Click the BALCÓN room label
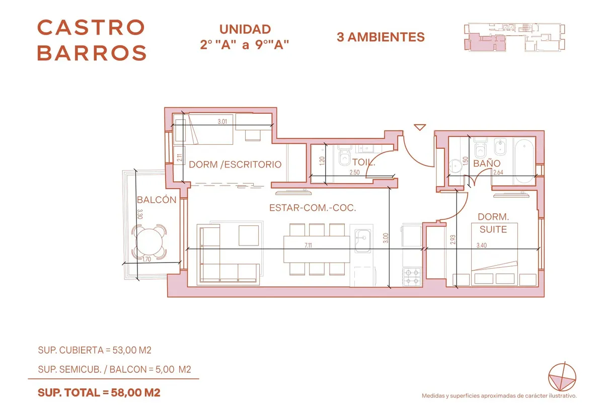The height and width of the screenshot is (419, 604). coord(157,200)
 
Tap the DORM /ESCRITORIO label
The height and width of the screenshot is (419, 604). coord(235,164)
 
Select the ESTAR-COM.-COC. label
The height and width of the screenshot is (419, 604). coord(313,208)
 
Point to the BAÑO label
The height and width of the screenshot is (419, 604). coord(487,163)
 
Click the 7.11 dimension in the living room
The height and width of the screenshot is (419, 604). coord(308,245)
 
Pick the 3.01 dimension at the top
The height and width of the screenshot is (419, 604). coord(222,122)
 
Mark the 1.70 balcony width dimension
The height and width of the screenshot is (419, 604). coord(146,259)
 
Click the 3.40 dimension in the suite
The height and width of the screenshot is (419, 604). coord(482,245)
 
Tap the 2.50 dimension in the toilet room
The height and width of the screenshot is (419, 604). coord(354,173)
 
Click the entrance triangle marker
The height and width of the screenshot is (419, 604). coord(420,127)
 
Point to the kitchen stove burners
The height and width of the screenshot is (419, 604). coord(412,277)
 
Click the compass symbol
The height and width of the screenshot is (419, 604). coord(562,377)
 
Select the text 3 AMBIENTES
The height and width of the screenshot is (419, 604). coord(381,37)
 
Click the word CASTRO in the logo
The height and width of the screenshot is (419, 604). coord(91,28)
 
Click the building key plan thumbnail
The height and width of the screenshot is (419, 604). coord(514,37)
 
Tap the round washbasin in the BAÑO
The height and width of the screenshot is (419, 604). coord(456,165)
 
